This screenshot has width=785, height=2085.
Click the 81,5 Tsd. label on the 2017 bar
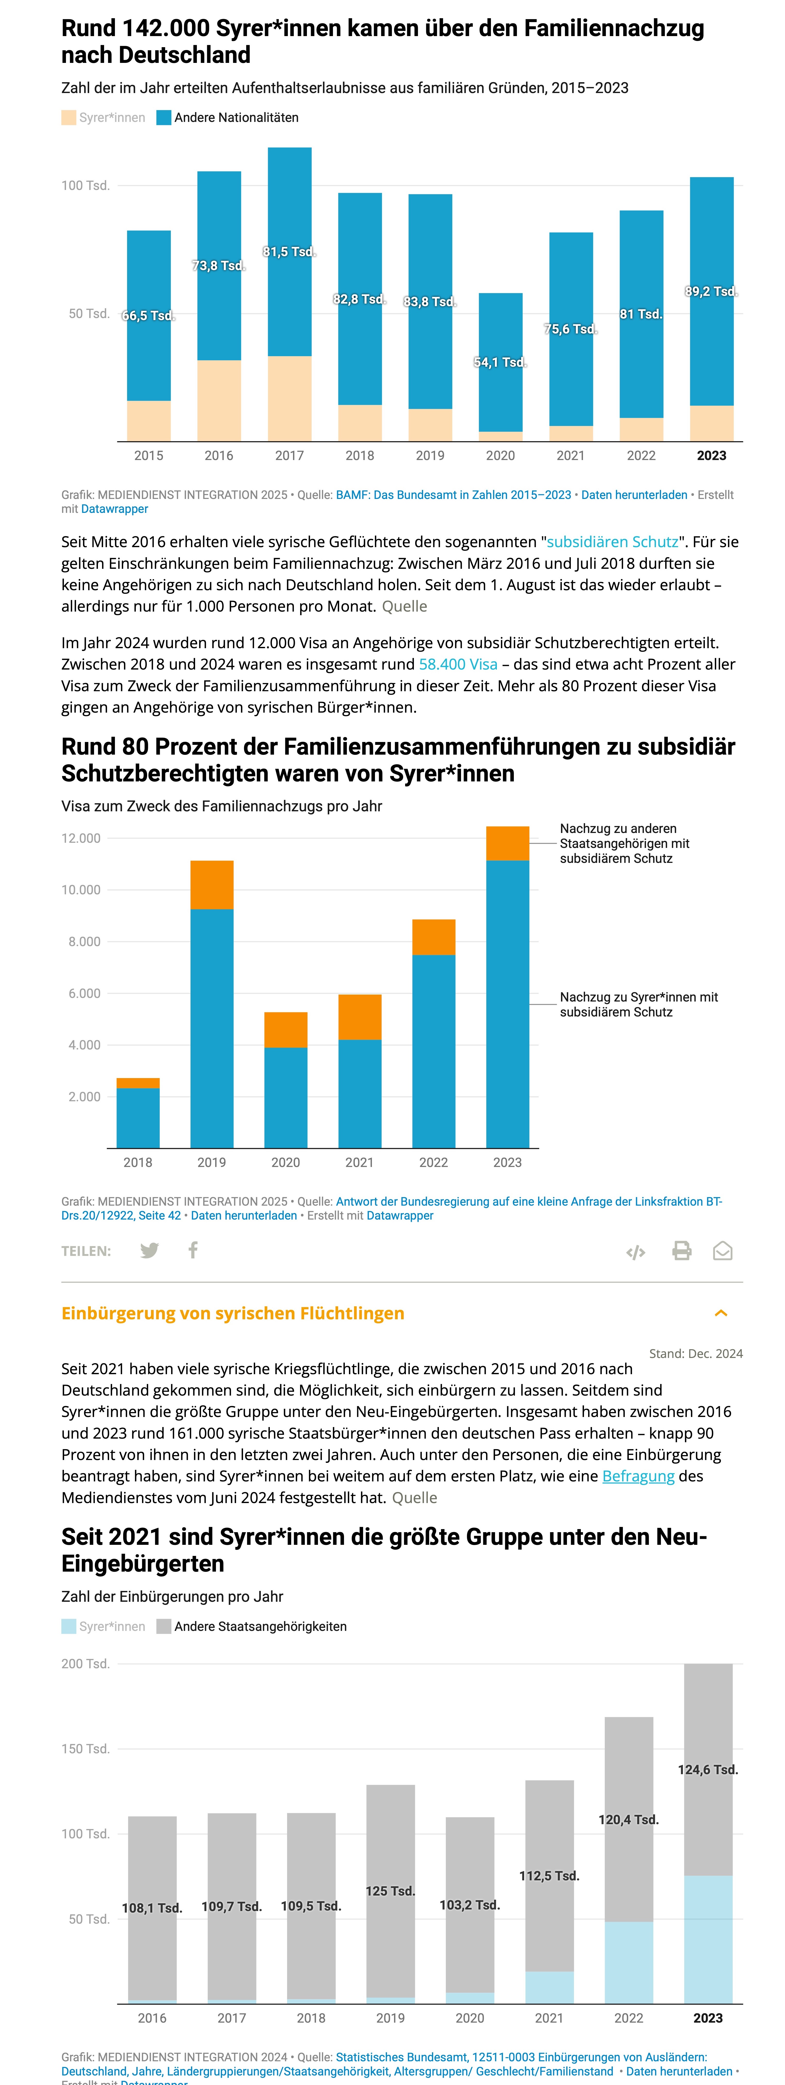289,252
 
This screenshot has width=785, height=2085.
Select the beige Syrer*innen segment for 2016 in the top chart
219,401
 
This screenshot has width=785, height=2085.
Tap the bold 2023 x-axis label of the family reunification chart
711,456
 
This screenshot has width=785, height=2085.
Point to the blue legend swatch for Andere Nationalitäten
163,117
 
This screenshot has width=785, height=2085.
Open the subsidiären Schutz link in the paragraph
613,541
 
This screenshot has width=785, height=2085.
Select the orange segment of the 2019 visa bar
212,885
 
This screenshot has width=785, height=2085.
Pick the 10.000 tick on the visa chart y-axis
81,889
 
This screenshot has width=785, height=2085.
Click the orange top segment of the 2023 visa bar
507,843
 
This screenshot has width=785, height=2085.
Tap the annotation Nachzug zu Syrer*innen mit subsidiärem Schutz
639,1004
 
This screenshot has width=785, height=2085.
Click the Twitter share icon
150,1250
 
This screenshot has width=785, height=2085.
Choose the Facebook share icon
193,1250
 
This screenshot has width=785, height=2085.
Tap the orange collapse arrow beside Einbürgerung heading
721,1313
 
